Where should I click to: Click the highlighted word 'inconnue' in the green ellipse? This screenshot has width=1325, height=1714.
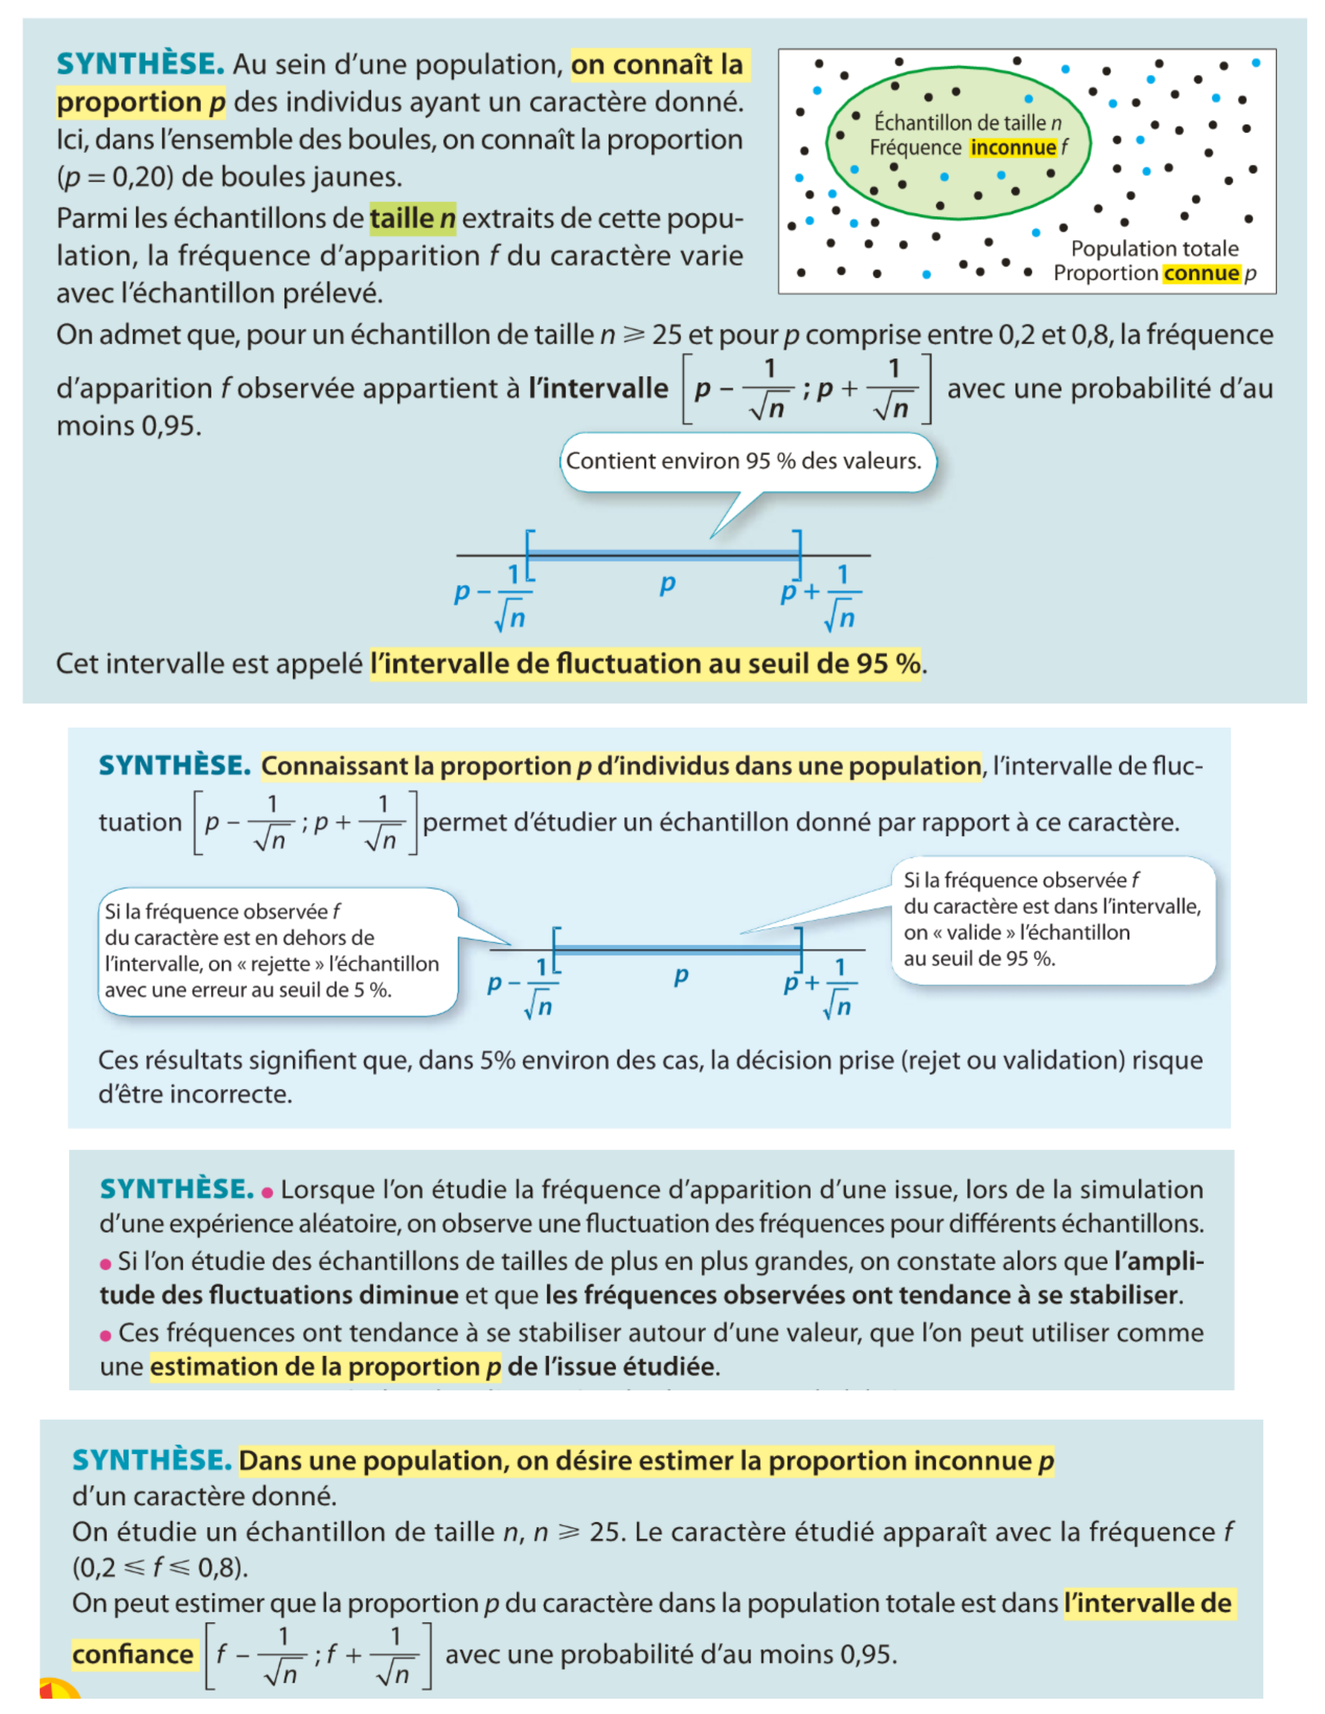click(x=1013, y=148)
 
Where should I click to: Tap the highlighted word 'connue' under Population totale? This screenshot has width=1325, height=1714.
click(x=1201, y=273)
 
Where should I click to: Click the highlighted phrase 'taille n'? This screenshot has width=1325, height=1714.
click(x=412, y=218)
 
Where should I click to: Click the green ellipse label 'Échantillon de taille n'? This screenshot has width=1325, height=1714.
click(x=967, y=123)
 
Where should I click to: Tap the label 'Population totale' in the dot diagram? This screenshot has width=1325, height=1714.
click(x=1154, y=249)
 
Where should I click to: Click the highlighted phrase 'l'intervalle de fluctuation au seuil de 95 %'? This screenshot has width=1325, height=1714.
click(x=645, y=664)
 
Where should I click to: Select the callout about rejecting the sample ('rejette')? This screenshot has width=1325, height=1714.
click(x=275, y=951)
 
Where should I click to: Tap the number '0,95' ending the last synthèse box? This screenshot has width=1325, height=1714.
click(x=868, y=1654)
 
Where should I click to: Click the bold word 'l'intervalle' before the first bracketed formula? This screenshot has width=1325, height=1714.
click(x=598, y=389)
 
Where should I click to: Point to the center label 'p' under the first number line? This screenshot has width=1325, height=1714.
click(x=667, y=583)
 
